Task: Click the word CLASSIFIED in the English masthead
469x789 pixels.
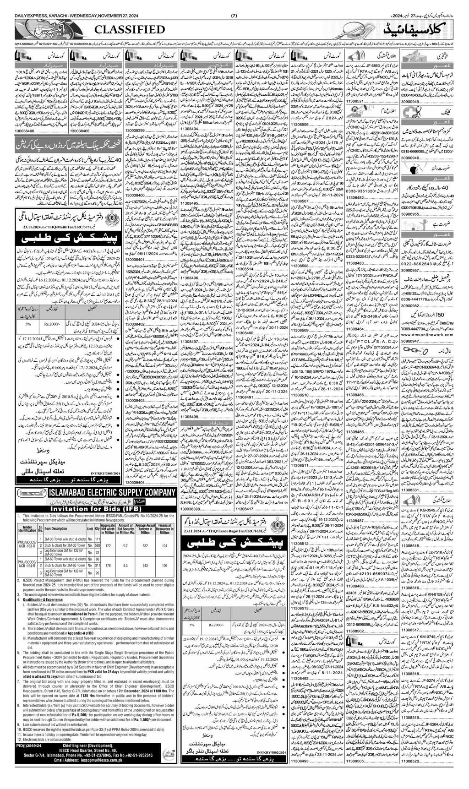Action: pos(130,30)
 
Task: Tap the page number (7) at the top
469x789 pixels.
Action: pos(234,4)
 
